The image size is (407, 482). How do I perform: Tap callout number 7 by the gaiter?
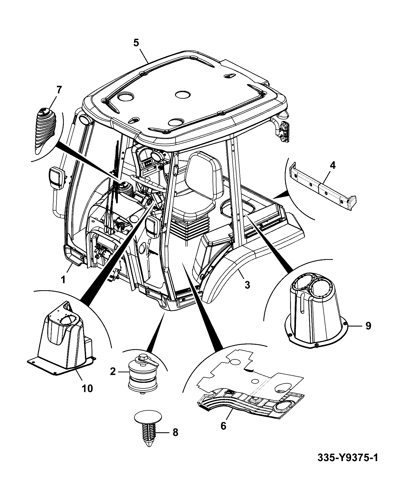pos(59,90)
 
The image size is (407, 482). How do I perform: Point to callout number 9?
pos(368,326)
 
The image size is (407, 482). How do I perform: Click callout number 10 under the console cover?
pos(87,388)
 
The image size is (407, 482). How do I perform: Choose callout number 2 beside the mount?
pos(113,371)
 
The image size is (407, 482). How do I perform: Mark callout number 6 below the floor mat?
pos(223,426)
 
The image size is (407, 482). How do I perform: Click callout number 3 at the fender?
pos(247,284)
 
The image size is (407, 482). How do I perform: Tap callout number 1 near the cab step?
pos(63,280)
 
